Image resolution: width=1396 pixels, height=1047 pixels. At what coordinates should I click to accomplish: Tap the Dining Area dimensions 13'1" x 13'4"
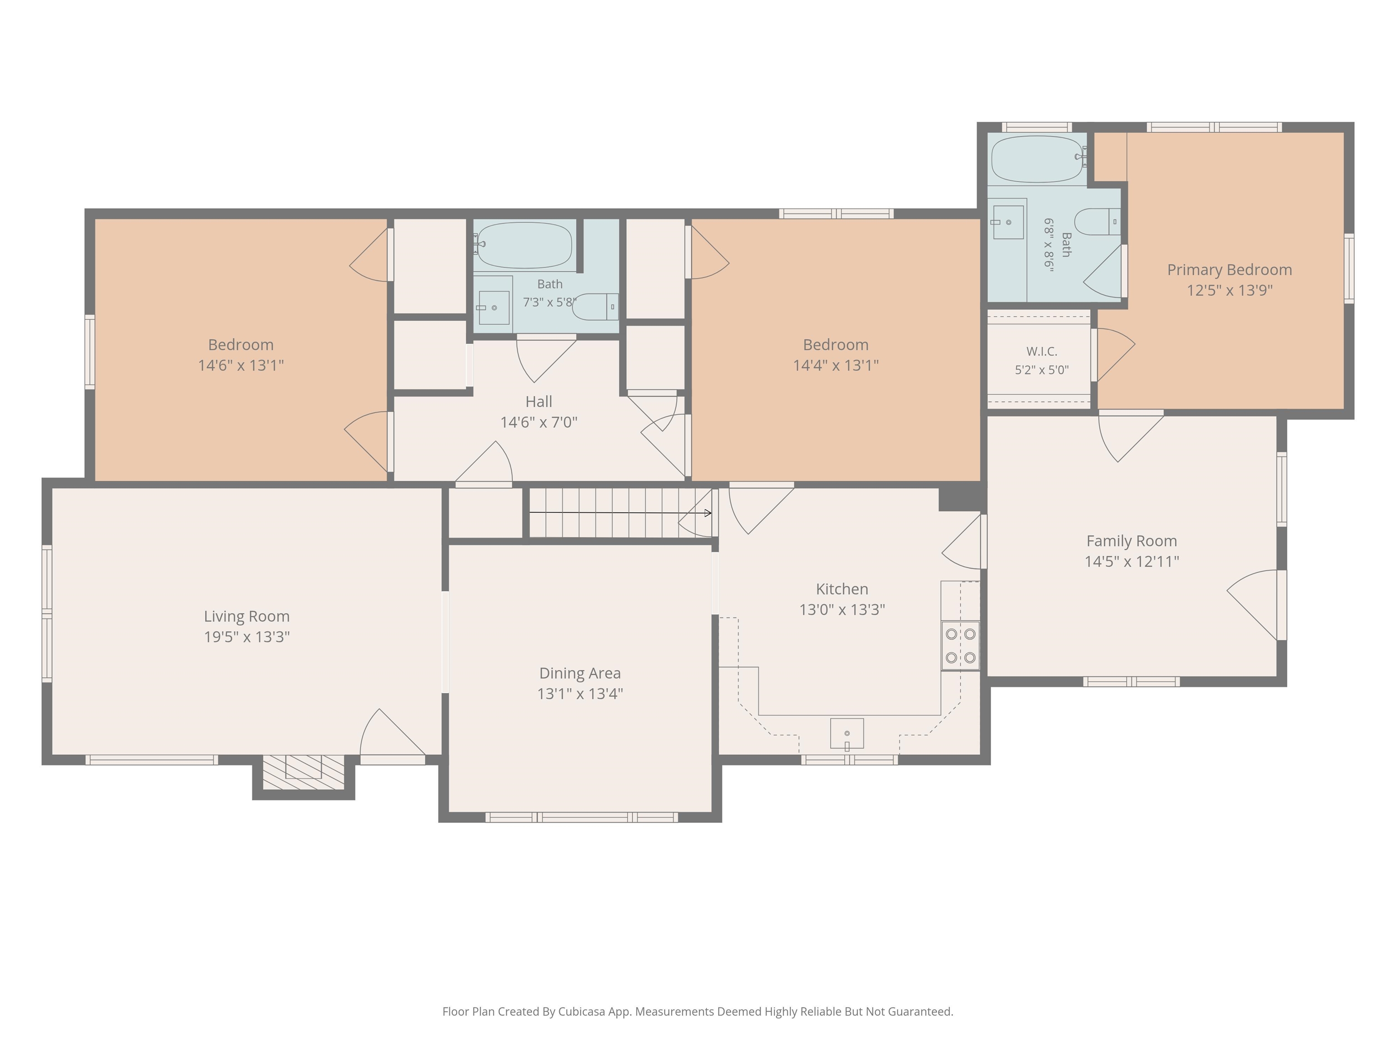point(580,693)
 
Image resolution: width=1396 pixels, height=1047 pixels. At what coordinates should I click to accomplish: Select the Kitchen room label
point(842,589)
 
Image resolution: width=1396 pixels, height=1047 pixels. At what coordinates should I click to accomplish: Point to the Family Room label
point(1132,541)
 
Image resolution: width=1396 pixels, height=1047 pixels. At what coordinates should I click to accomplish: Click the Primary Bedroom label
point(1229,269)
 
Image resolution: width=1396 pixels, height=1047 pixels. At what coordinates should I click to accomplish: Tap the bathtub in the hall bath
point(524,245)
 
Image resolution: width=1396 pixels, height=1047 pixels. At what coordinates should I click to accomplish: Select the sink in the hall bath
point(494,307)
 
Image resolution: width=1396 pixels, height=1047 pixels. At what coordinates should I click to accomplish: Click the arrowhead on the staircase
point(709,513)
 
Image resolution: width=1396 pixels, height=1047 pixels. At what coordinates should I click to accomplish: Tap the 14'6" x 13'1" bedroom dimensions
point(241,365)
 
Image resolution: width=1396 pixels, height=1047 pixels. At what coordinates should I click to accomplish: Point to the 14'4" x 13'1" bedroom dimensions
point(836,365)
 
